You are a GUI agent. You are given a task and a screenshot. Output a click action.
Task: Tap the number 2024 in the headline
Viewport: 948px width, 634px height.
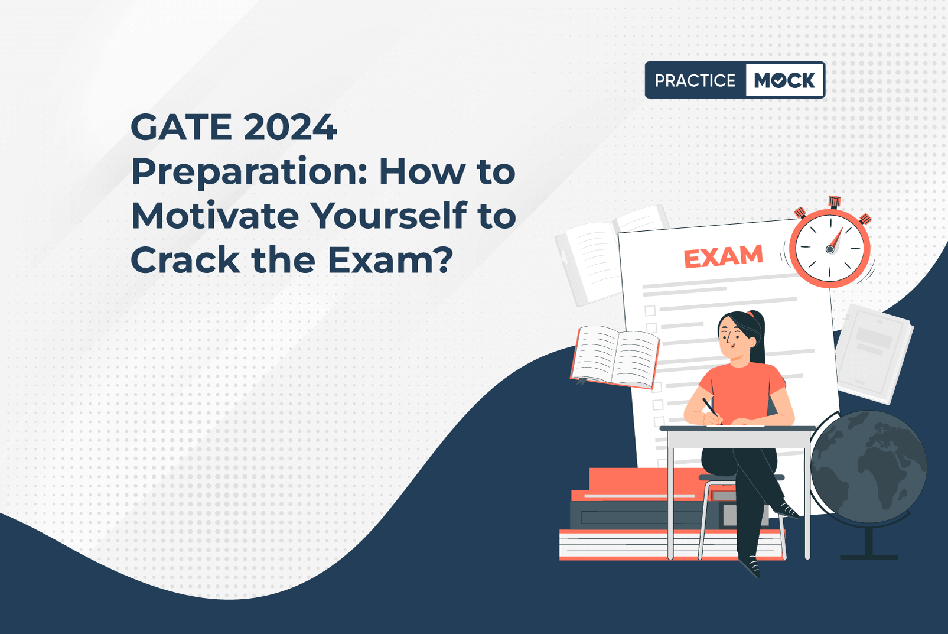point(290,127)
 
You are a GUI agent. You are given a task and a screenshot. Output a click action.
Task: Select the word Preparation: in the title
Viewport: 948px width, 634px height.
point(249,174)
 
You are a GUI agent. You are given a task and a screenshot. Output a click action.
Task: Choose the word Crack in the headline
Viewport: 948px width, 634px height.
point(185,260)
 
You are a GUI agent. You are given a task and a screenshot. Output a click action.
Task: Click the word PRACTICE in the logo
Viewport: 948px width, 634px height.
point(695,80)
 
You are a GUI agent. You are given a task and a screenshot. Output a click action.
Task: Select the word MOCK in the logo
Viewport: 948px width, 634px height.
point(784,80)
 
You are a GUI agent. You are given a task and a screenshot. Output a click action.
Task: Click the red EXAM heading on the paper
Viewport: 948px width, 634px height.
point(724,256)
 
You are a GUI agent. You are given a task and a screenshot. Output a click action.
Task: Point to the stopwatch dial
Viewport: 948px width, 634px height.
point(830,249)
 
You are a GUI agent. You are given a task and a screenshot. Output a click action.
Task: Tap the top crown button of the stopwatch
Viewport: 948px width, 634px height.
point(835,202)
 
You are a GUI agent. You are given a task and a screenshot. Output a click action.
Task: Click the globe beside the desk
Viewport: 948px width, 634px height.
point(868,466)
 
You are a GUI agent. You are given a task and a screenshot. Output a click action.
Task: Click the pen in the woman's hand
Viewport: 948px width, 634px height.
point(712,410)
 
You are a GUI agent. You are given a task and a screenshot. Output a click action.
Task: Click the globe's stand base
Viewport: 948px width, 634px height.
point(868,557)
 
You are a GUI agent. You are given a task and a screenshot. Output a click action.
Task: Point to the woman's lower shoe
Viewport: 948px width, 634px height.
point(750,567)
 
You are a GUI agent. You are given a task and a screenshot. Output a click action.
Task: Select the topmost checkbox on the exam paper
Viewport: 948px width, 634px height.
point(650,311)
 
